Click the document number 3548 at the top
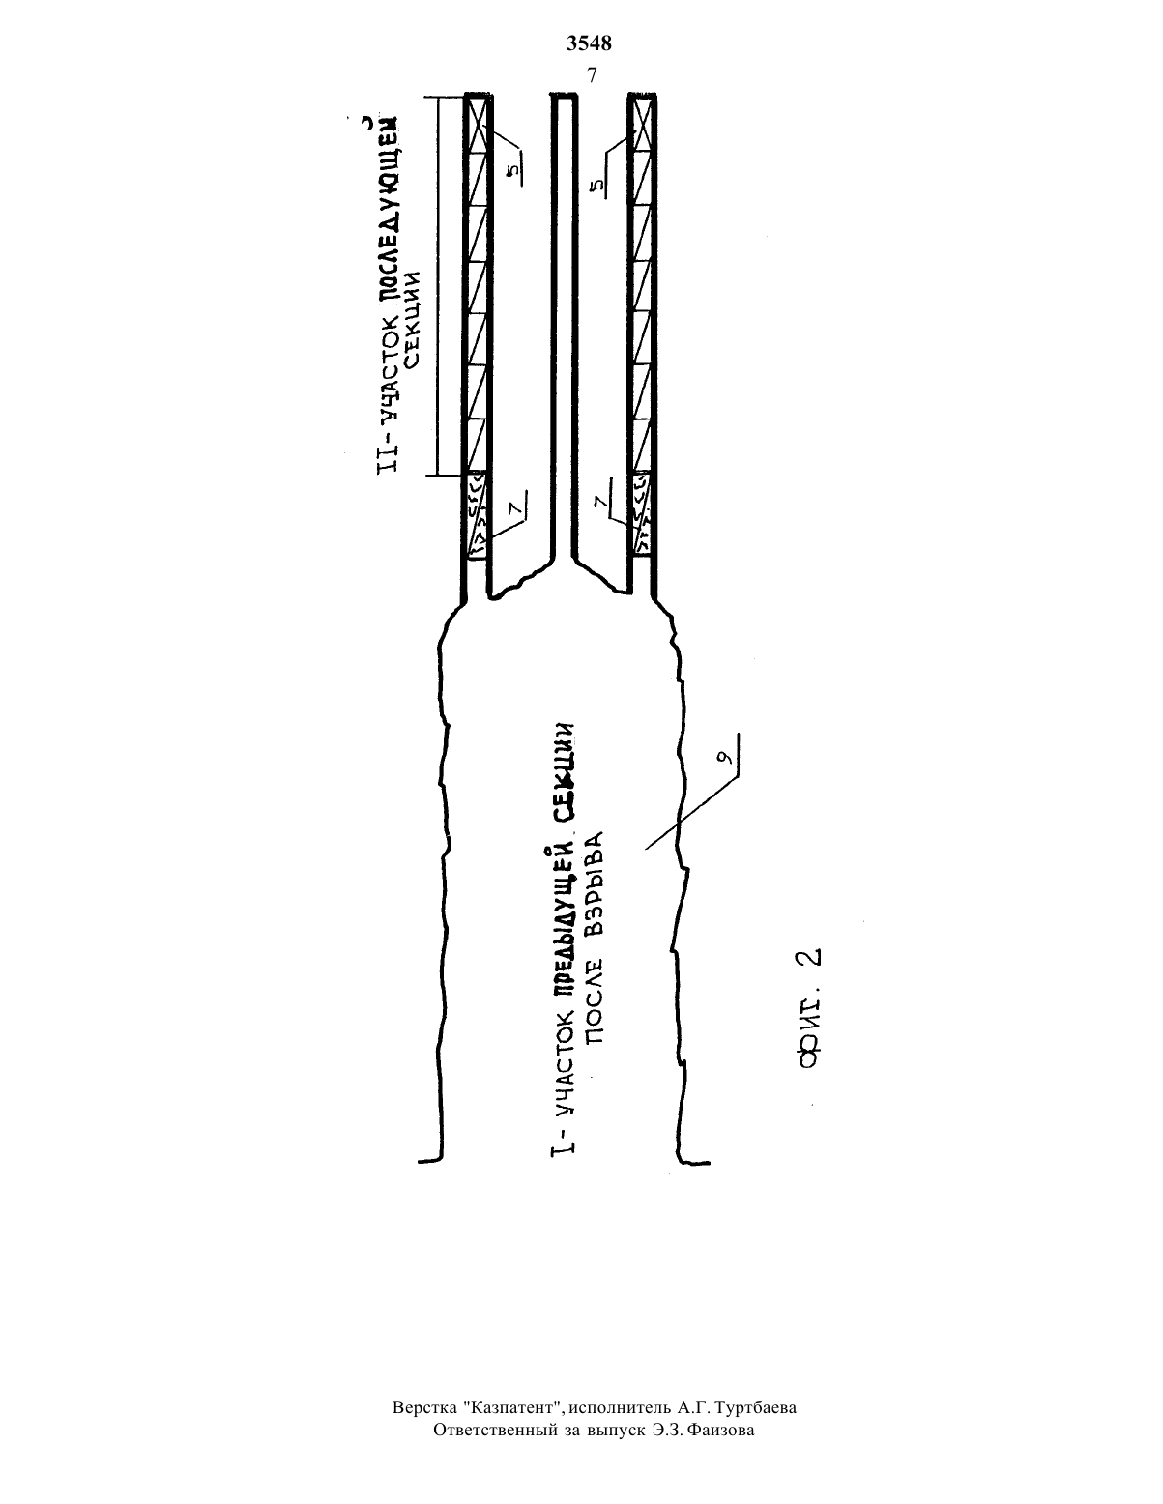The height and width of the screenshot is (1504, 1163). [x=589, y=43]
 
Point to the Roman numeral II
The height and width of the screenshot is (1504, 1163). [x=388, y=459]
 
